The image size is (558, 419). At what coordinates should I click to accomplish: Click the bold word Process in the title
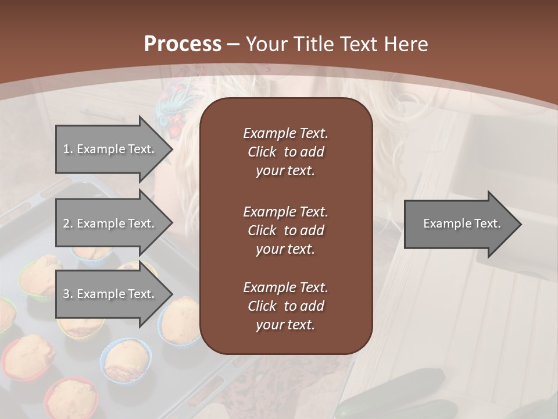click(x=183, y=44)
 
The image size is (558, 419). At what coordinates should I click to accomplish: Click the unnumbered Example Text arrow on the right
click(x=462, y=223)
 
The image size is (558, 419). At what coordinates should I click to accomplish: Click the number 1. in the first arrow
click(x=68, y=149)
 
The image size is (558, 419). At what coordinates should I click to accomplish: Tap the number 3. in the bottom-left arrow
click(x=68, y=294)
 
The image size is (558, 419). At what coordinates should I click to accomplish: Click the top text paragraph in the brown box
click(x=285, y=152)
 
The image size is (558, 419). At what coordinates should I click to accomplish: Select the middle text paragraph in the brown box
click(x=285, y=230)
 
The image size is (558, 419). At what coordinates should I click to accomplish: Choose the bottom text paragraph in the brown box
click(x=285, y=306)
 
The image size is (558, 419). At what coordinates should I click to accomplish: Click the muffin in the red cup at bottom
click(x=71, y=399)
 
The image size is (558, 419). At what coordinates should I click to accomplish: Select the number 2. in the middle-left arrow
click(x=68, y=223)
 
